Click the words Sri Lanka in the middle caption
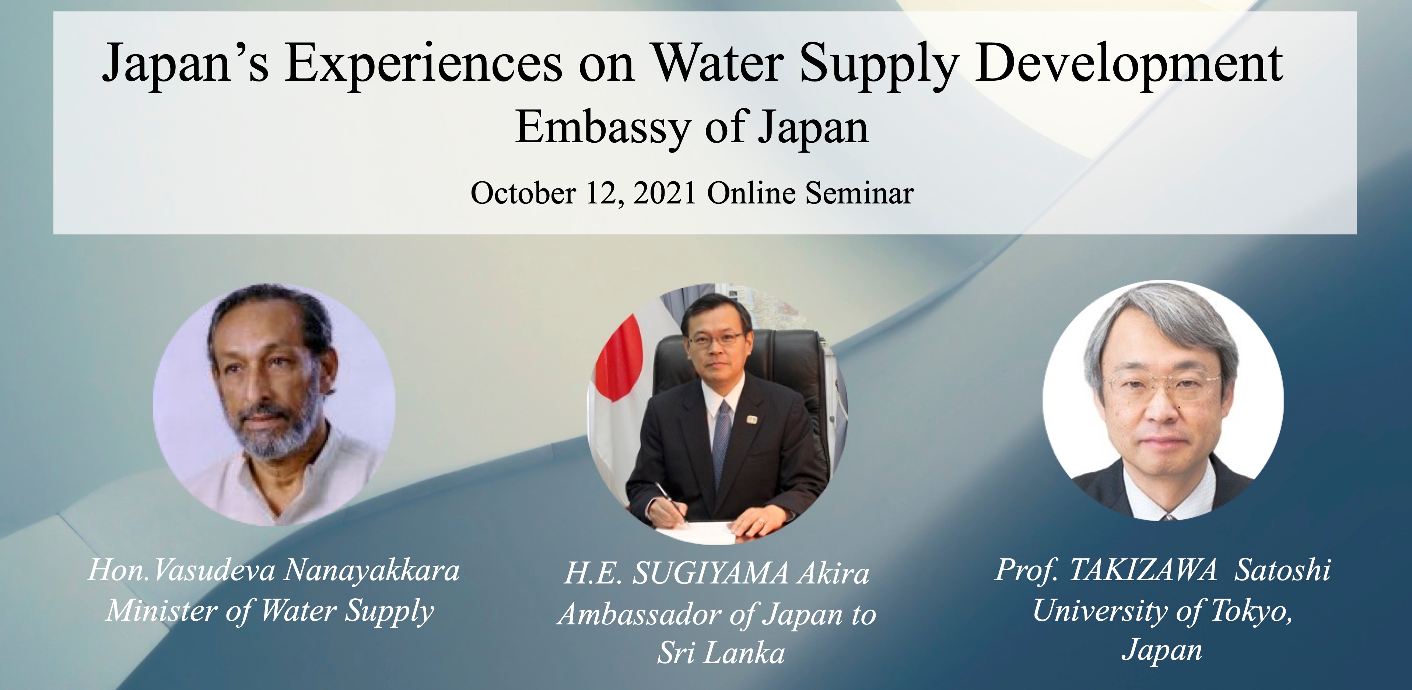pos(721,653)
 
